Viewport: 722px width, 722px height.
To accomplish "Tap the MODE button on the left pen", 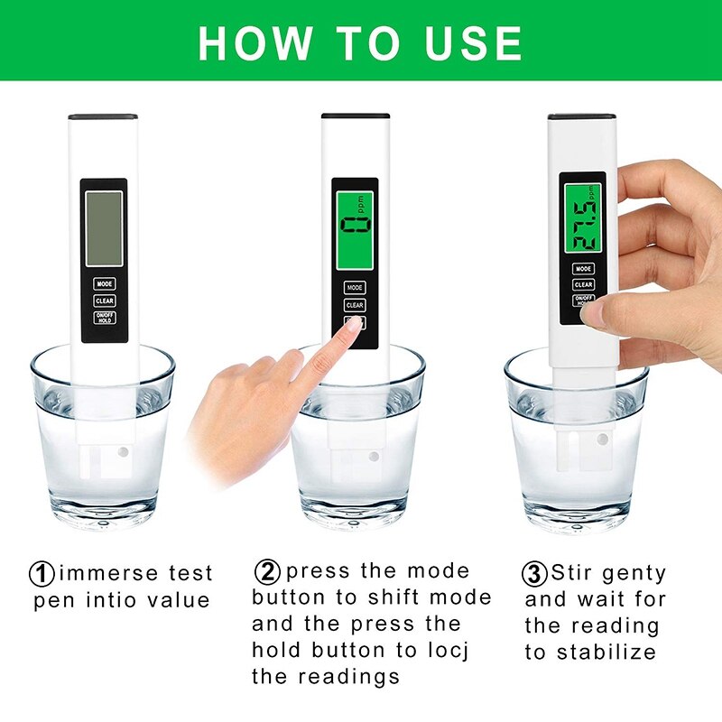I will (104, 283).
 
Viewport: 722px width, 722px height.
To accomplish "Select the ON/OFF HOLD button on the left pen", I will (104, 318).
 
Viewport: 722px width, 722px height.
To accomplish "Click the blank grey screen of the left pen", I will (104, 228).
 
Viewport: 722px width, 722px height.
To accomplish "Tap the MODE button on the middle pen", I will (355, 288).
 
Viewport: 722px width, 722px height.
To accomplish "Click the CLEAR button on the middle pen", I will (355, 305).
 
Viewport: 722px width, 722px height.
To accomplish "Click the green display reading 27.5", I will (581, 214).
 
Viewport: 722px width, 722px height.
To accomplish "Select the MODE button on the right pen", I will (582, 268).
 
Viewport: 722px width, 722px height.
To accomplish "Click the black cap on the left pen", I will (103, 117).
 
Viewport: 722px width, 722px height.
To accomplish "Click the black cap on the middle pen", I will (356, 116).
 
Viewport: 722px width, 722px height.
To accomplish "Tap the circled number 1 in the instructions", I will (42, 573).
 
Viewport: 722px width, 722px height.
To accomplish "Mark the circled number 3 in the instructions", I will (534, 573).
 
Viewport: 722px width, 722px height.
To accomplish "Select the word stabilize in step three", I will (605, 652).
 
